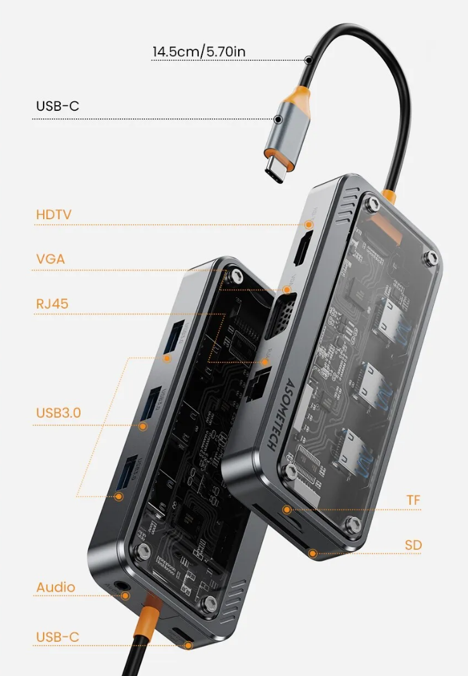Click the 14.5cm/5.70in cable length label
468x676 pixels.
click(x=198, y=51)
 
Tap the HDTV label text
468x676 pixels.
click(x=54, y=215)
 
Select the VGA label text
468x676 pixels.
click(x=51, y=259)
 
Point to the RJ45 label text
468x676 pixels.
click(x=52, y=304)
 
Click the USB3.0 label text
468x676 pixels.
click(x=58, y=413)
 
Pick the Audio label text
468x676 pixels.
click(x=56, y=587)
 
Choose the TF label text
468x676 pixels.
click(x=414, y=501)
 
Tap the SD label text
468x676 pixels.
click(x=414, y=545)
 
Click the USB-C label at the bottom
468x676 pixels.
click(x=58, y=637)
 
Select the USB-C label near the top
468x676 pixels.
click(x=58, y=106)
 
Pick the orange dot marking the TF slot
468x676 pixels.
click(x=287, y=509)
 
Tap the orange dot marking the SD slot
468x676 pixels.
click(x=313, y=553)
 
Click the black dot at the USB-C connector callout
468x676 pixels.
click(x=278, y=118)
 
